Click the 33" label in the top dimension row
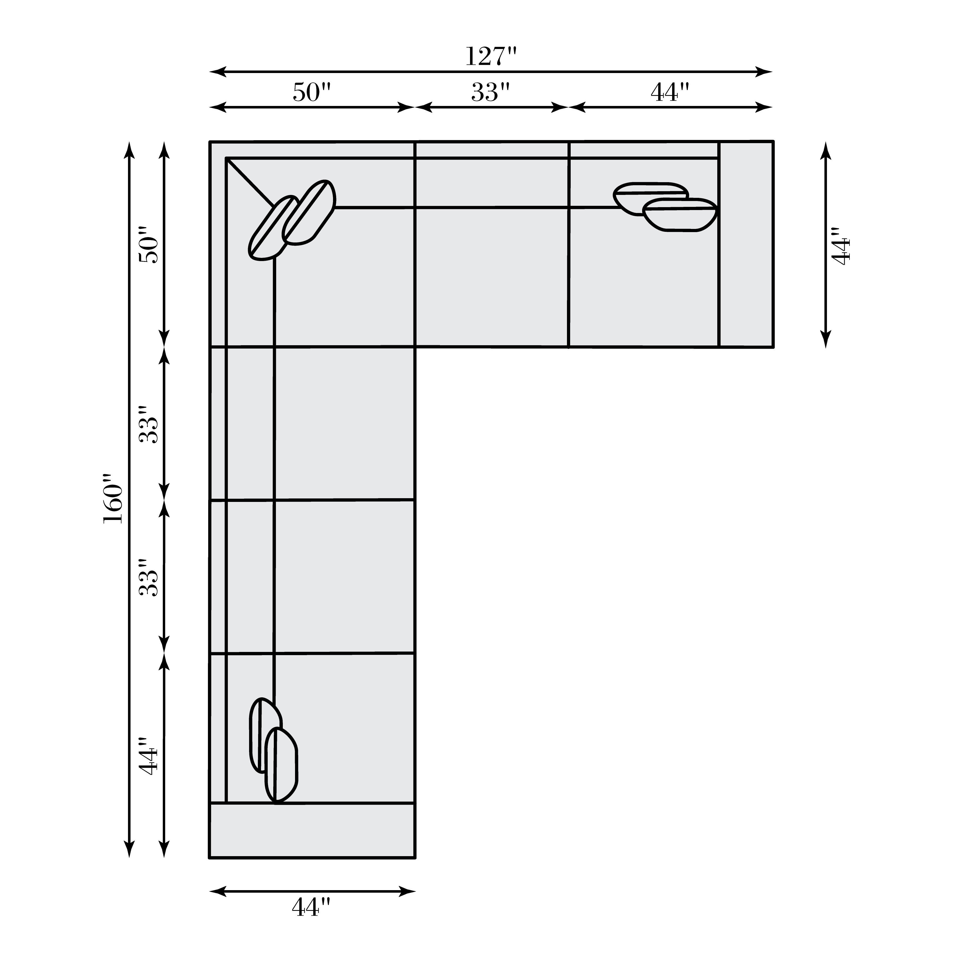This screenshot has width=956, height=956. click(490, 92)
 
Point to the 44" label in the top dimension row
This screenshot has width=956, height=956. click(669, 92)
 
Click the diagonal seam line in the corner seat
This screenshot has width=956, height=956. click(250, 182)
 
